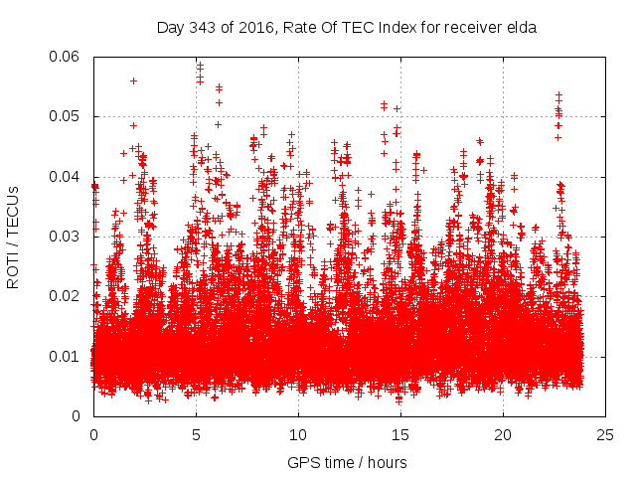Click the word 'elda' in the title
pyautogui.click(x=520, y=28)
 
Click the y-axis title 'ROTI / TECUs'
pyautogui.click(x=14, y=237)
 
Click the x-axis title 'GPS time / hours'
pyautogui.click(x=347, y=463)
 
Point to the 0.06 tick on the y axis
pyautogui.click(x=69, y=57)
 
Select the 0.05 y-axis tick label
pyautogui.click(x=69, y=116)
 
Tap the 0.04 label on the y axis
pyautogui.click(x=69, y=177)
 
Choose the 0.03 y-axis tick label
pyautogui.click(x=69, y=237)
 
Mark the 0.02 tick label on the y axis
pyautogui.click(x=69, y=296)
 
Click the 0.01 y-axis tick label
pyautogui.click(x=69, y=357)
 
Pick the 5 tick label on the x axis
pyautogui.click(x=196, y=435)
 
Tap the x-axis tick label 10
pyautogui.click(x=298, y=435)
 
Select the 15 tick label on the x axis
pyautogui.click(x=400, y=435)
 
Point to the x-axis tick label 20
pyautogui.click(x=503, y=435)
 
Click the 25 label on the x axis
pyautogui.click(x=605, y=435)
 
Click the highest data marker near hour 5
pyautogui.click(x=200, y=66)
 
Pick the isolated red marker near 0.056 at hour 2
pyautogui.click(x=133, y=80)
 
